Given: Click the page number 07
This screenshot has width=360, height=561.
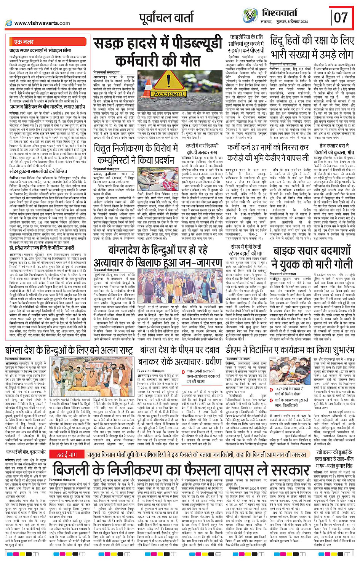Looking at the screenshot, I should pyautogui.click(x=341, y=17).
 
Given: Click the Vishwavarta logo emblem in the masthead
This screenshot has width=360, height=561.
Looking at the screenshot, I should pyautogui.click(x=250, y=16).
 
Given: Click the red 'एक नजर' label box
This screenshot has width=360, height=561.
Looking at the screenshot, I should pyautogui.click(x=24, y=42).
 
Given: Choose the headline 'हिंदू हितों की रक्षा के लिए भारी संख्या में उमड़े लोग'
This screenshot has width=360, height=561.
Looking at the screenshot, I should pyautogui.click(x=312, y=46).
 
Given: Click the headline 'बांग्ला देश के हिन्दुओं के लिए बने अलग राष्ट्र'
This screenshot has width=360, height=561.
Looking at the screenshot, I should pyautogui.click(x=70, y=350).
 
